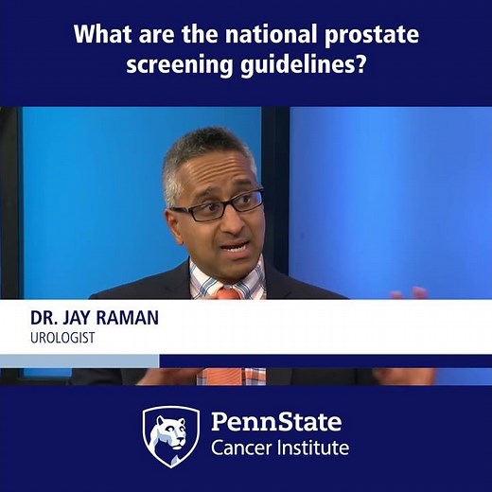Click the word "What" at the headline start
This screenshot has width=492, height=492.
(98, 36)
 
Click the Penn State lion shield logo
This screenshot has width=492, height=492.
(170, 436)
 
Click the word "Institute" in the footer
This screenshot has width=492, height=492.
(311, 448)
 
